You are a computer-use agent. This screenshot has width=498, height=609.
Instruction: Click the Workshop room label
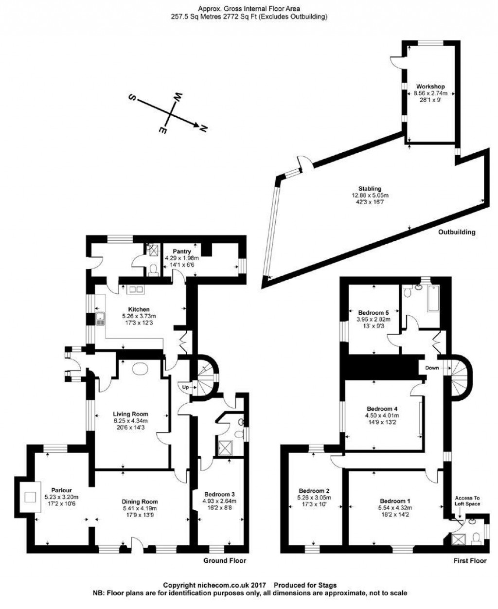point(430,87)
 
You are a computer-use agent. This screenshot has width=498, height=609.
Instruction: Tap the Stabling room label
point(370,189)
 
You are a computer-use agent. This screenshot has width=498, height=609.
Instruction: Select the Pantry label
point(182,251)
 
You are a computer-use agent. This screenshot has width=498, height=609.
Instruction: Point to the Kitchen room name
point(139,309)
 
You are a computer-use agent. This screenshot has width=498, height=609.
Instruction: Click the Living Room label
point(130,414)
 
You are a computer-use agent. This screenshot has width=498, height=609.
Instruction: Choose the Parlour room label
point(61,490)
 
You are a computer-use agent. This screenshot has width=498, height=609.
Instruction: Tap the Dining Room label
point(140,502)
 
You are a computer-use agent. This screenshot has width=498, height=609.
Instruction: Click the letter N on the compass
point(204,128)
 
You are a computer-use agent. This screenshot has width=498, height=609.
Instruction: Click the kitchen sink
point(100,319)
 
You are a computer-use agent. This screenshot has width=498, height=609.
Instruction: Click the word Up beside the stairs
point(185,387)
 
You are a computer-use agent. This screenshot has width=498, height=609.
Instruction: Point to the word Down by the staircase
point(432,368)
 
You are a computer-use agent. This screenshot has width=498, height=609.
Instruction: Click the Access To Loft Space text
point(467,501)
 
